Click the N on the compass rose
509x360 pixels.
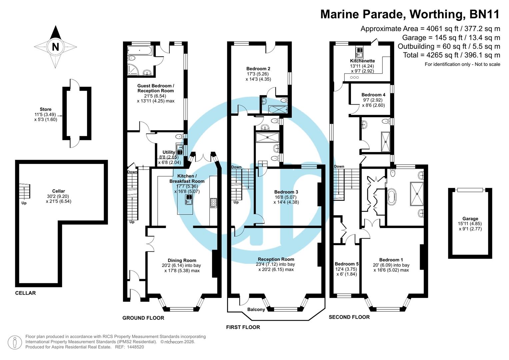point(55,47)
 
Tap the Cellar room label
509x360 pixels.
point(58,191)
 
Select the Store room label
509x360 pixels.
point(46,109)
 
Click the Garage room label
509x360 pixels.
point(470,219)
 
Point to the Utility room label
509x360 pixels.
point(169,152)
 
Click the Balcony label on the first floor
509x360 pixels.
point(256,309)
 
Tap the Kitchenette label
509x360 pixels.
point(362,61)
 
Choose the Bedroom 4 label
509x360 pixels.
point(373,95)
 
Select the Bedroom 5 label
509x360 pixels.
point(347,264)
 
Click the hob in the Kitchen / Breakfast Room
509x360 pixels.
point(213,203)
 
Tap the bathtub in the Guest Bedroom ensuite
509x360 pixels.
point(140,51)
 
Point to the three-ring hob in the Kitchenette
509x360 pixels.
point(354,77)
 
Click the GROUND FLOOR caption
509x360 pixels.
point(143,318)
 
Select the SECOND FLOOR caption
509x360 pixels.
point(349,317)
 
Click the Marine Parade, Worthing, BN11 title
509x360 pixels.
point(410,14)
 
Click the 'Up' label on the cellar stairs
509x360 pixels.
point(24,203)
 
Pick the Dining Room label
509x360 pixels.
point(182,260)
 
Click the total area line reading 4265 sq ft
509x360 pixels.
point(451,55)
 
